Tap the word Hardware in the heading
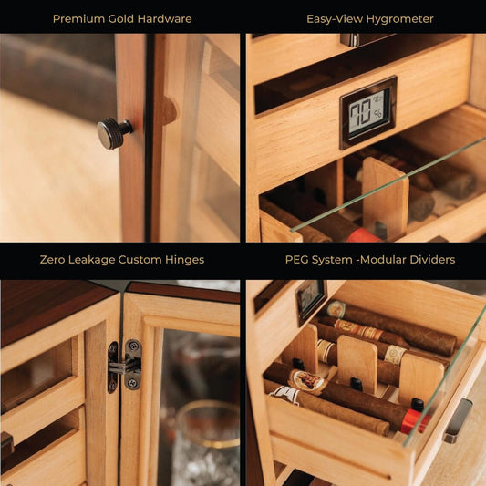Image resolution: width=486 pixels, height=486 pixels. (x=164, y=19)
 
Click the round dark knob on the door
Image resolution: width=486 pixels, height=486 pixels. (x=114, y=133)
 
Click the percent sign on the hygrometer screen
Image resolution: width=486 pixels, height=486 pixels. (x=377, y=115)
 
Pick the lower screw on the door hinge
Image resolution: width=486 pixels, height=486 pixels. (x=134, y=382)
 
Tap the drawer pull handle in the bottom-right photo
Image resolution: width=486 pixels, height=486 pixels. (x=459, y=421)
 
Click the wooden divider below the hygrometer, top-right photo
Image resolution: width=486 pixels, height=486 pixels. (x=386, y=199)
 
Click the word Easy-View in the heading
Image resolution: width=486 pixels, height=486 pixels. (x=335, y=19)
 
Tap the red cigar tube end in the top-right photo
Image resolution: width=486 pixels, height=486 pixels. (x=363, y=235)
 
